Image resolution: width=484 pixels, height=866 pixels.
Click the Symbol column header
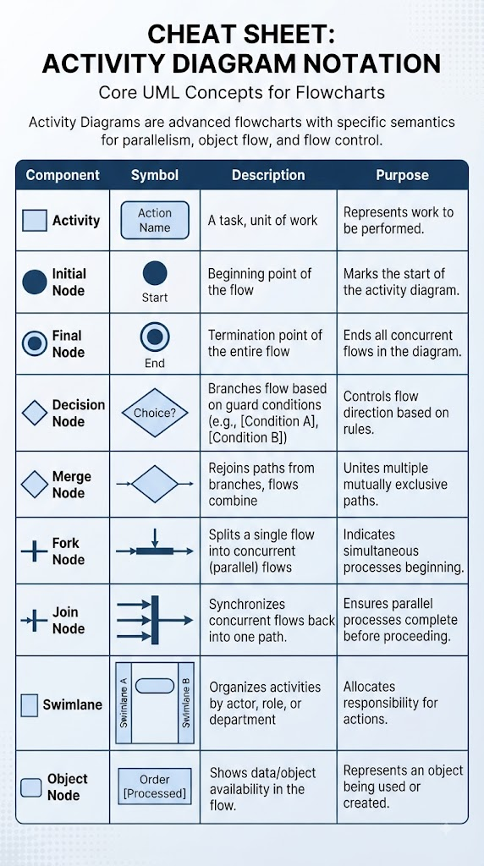(155, 175)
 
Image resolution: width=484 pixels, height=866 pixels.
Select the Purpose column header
(402, 175)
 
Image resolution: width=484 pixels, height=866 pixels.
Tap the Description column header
(268, 175)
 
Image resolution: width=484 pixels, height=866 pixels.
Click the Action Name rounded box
(155, 220)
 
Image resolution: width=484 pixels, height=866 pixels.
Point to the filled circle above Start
(155, 273)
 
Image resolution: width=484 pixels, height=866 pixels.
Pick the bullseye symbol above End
(155, 337)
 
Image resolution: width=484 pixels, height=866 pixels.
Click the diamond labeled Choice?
(155, 413)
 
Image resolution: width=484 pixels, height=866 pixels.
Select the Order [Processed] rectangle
(155, 787)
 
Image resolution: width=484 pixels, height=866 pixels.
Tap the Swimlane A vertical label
(124, 702)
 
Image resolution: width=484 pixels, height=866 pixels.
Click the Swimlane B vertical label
(185, 702)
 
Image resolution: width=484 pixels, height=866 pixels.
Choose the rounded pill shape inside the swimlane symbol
(155, 685)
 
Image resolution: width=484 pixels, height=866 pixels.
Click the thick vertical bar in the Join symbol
(155, 620)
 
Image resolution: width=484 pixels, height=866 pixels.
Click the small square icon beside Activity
(34, 221)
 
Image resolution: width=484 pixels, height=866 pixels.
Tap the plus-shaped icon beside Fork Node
(34, 551)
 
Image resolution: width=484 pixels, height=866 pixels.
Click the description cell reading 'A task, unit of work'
(262, 221)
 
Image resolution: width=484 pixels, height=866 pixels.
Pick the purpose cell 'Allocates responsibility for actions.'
(391, 703)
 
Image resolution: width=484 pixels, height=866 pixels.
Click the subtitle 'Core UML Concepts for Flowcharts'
(241, 91)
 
